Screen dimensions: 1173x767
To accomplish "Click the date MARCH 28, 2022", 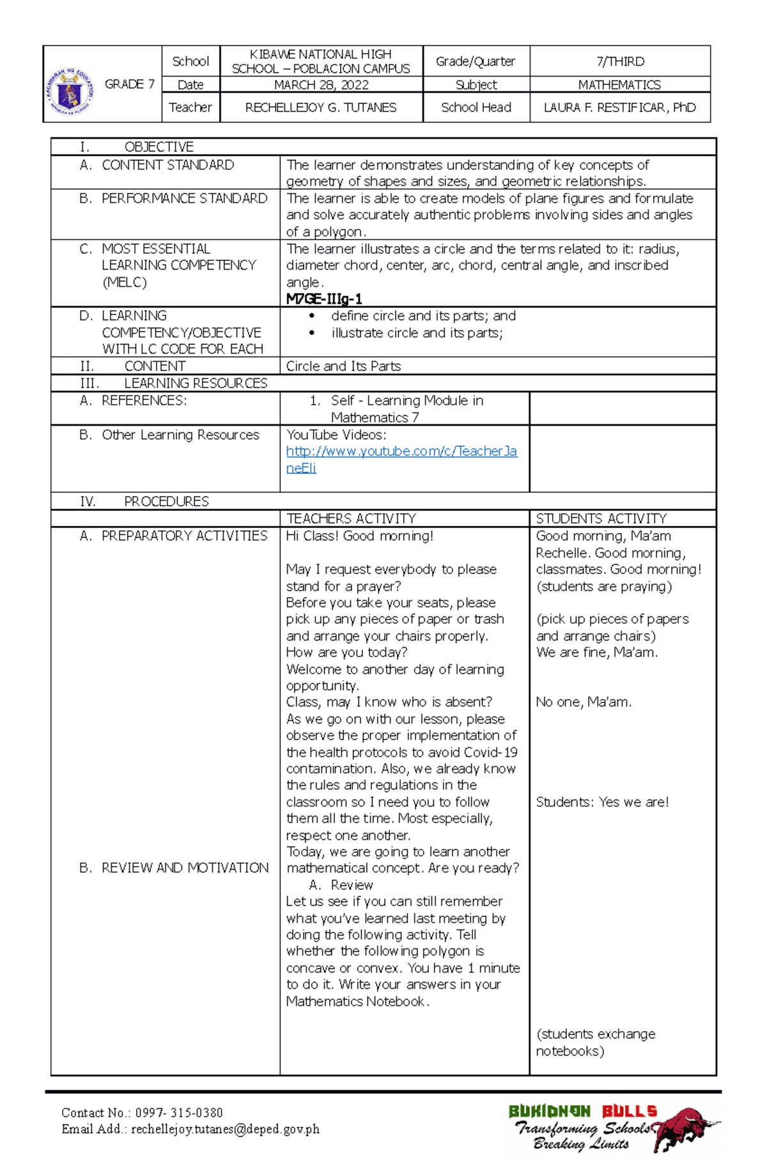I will pyautogui.click(x=321, y=85).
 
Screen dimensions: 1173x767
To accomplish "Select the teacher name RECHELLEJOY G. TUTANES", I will pyautogui.click(x=321, y=107).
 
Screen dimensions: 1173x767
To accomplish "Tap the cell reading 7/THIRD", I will pyautogui.click(x=620, y=61).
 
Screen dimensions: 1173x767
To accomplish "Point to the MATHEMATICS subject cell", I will pyautogui.click(x=619, y=85).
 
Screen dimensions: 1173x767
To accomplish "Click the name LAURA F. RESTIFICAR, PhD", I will pyautogui.click(x=619, y=107).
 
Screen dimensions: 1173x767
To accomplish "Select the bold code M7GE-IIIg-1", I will pyautogui.click(x=324, y=299).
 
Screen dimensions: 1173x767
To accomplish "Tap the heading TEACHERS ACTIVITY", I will pyautogui.click(x=351, y=518).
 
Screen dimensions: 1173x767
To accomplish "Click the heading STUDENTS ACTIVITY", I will pyautogui.click(x=601, y=518).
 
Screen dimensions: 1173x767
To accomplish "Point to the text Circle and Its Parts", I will pyautogui.click(x=343, y=366).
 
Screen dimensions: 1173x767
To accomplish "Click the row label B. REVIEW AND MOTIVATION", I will pyautogui.click(x=174, y=868).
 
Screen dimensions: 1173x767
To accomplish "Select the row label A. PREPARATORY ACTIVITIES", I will pyautogui.click(x=173, y=536).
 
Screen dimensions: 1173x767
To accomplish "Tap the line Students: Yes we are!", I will pyautogui.click(x=602, y=802).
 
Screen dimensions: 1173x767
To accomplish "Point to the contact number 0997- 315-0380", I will pyautogui.click(x=178, y=1113).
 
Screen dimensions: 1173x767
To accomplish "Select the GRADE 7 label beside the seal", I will pyautogui.click(x=130, y=84).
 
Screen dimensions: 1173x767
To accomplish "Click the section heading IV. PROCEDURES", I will pyautogui.click(x=144, y=501).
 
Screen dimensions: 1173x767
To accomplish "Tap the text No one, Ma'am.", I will pyautogui.click(x=583, y=703).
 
